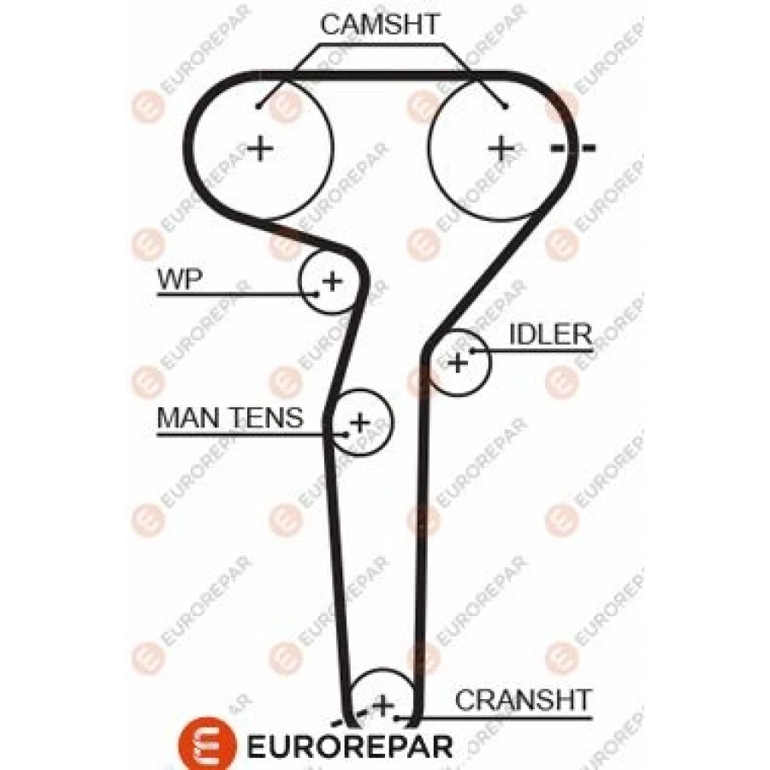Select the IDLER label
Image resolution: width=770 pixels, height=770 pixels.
[550, 334]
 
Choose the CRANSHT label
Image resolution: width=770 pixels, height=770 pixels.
[523, 700]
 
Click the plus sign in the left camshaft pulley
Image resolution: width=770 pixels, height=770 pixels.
[260, 149]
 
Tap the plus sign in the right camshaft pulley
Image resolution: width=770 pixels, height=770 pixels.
[501, 149]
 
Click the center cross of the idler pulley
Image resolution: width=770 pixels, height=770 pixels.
[459, 362]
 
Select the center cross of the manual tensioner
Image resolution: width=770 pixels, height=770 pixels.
[360, 421]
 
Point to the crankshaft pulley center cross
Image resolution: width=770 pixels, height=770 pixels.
[382, 706]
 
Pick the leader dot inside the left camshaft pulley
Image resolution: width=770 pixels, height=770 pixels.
[258, 106]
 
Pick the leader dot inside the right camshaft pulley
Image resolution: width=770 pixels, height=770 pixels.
[506, 106]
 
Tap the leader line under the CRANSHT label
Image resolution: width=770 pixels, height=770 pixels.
[505, 717]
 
